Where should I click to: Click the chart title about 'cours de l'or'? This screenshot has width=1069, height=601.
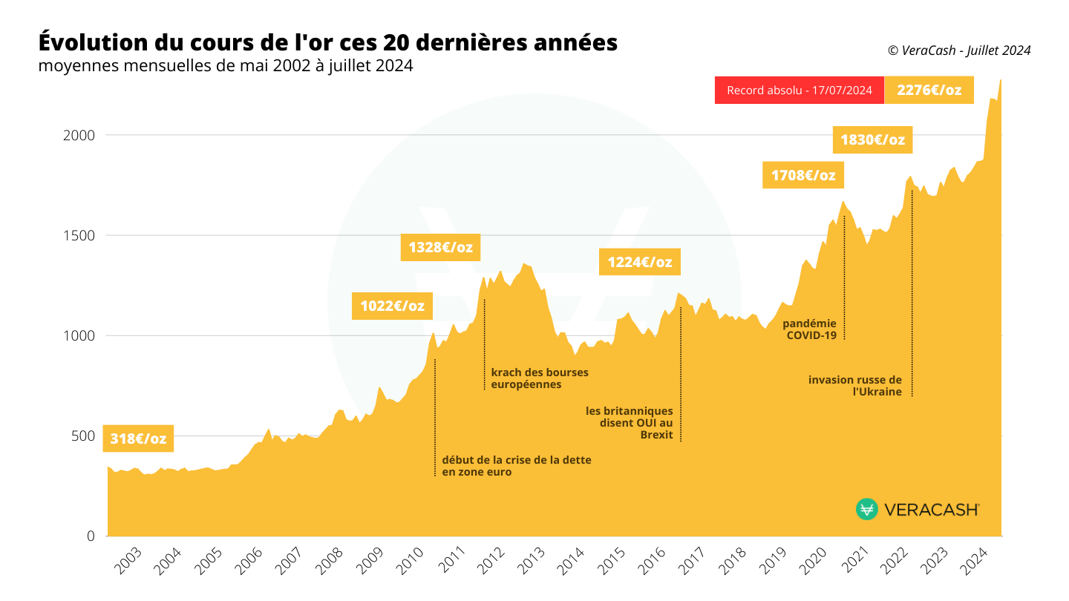tap(327, 42)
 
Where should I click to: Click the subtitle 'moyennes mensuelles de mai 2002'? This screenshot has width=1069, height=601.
tap(226, 66)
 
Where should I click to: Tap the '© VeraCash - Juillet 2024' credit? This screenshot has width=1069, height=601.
tap(959, 50)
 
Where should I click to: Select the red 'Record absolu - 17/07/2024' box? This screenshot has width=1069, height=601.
tap(799, 91)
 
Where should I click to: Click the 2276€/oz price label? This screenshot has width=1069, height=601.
tap(929, 91)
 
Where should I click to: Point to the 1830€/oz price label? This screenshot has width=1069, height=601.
tap(872, 139)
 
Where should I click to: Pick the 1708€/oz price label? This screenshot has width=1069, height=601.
tap(803, 176)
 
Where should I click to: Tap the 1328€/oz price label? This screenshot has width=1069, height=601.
tap(440, 247)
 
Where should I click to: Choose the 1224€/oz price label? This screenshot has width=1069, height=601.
tap(639, 262)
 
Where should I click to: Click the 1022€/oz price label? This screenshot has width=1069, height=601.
tap(393, 306)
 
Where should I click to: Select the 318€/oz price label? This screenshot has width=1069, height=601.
tap(138, 439)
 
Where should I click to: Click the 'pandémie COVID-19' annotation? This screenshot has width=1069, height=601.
tap(810, 329)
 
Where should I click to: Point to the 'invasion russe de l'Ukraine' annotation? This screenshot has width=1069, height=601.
tap(855, 386)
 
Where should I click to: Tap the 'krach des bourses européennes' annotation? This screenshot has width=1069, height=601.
tap(540, 378)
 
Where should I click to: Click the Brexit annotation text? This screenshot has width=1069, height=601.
tap(630, 423)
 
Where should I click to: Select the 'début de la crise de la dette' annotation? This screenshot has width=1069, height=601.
tap(517, 466)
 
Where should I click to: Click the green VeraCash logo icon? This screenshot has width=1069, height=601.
tap(866, 509)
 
